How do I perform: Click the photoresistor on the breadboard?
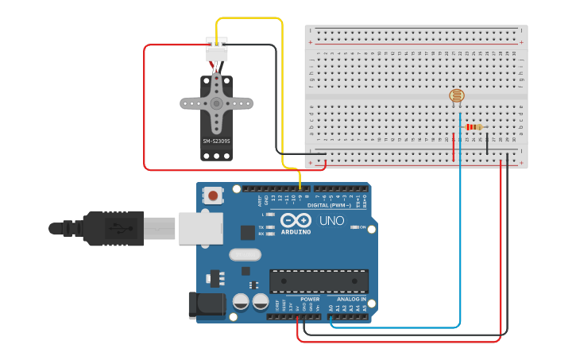tap(456, 96)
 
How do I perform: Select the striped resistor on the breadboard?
tap(474, 127)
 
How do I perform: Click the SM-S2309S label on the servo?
tap(216, 141)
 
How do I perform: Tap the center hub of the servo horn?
tap(216, 103)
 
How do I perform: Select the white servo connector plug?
tap(216, 49)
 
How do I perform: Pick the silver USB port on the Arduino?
tap(200, 228)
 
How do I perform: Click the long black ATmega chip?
tap(319, 281)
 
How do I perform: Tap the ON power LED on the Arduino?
tap(353, 227)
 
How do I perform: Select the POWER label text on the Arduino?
tap(310, 300)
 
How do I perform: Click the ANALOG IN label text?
tap(352, 300)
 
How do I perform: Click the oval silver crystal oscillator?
tap(244, 255)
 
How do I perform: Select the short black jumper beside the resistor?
tap(487, 144)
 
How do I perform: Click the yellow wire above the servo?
tap(249, 18)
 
